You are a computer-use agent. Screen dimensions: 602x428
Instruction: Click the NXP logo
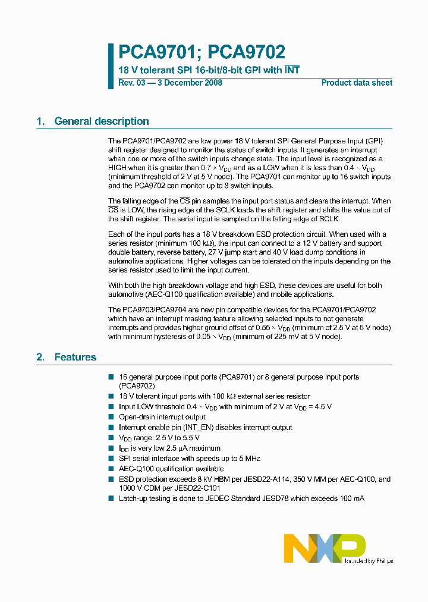pos(325,548)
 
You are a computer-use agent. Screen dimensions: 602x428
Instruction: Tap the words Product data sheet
pos(357,83)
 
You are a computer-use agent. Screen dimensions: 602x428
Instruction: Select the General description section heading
pos(102,121)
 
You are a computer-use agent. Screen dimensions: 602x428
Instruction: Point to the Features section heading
pos(75,358)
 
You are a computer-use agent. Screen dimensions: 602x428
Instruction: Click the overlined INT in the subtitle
pos(292,70)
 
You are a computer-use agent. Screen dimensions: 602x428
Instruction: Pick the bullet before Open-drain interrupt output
pos(111,417)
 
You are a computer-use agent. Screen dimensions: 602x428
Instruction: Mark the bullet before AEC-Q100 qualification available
pos(111,469)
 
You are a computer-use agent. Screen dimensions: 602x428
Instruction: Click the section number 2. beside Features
pos(40,358)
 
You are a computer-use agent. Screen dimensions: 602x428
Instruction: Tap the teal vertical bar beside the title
pos(111,65)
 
